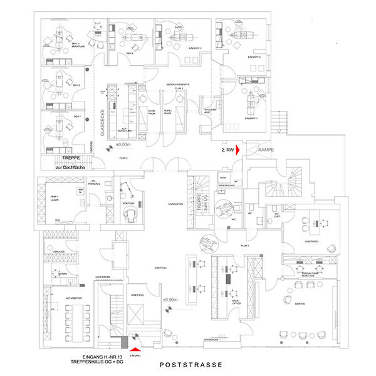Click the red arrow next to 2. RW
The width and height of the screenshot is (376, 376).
click(239, 151)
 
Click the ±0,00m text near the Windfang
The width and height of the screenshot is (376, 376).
click(170, 300)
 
